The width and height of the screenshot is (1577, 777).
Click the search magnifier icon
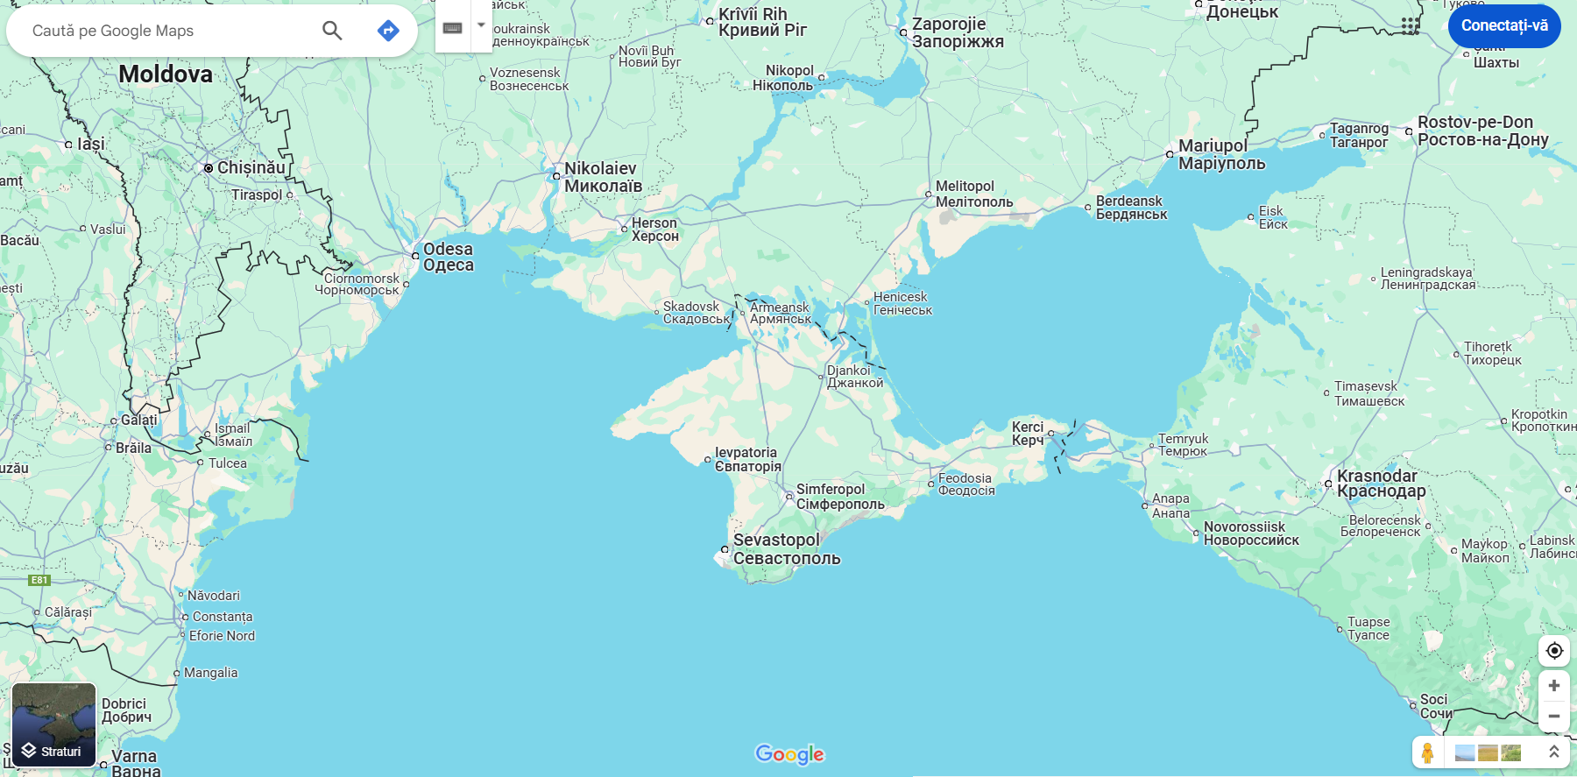(332, 31)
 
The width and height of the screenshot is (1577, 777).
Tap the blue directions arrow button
(388, 31)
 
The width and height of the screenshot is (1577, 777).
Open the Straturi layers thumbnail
(53, 725)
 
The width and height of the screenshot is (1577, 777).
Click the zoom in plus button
(1554, 685)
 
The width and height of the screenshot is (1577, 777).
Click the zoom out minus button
(1554, 716)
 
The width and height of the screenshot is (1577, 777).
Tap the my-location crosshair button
(1554, 650)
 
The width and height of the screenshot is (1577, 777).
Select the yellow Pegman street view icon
(1427, 752)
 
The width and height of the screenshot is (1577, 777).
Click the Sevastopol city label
(776, 540)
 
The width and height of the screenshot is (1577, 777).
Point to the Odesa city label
(448, 250)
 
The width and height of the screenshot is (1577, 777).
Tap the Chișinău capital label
(251, 167)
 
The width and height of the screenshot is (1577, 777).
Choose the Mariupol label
(1213, 146)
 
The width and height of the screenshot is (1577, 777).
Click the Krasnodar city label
(1376, 477)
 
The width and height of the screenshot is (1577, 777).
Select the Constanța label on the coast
(223, 617)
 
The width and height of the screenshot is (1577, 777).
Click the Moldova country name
(166, 74)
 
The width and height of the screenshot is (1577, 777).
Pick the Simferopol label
(830, 490)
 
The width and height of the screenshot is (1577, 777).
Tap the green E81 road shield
(39, 580)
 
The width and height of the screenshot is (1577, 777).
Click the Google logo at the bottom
(789, 754)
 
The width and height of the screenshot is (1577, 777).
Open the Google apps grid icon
(1410, 26)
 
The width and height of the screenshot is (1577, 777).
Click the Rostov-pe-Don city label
(1475, 123)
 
